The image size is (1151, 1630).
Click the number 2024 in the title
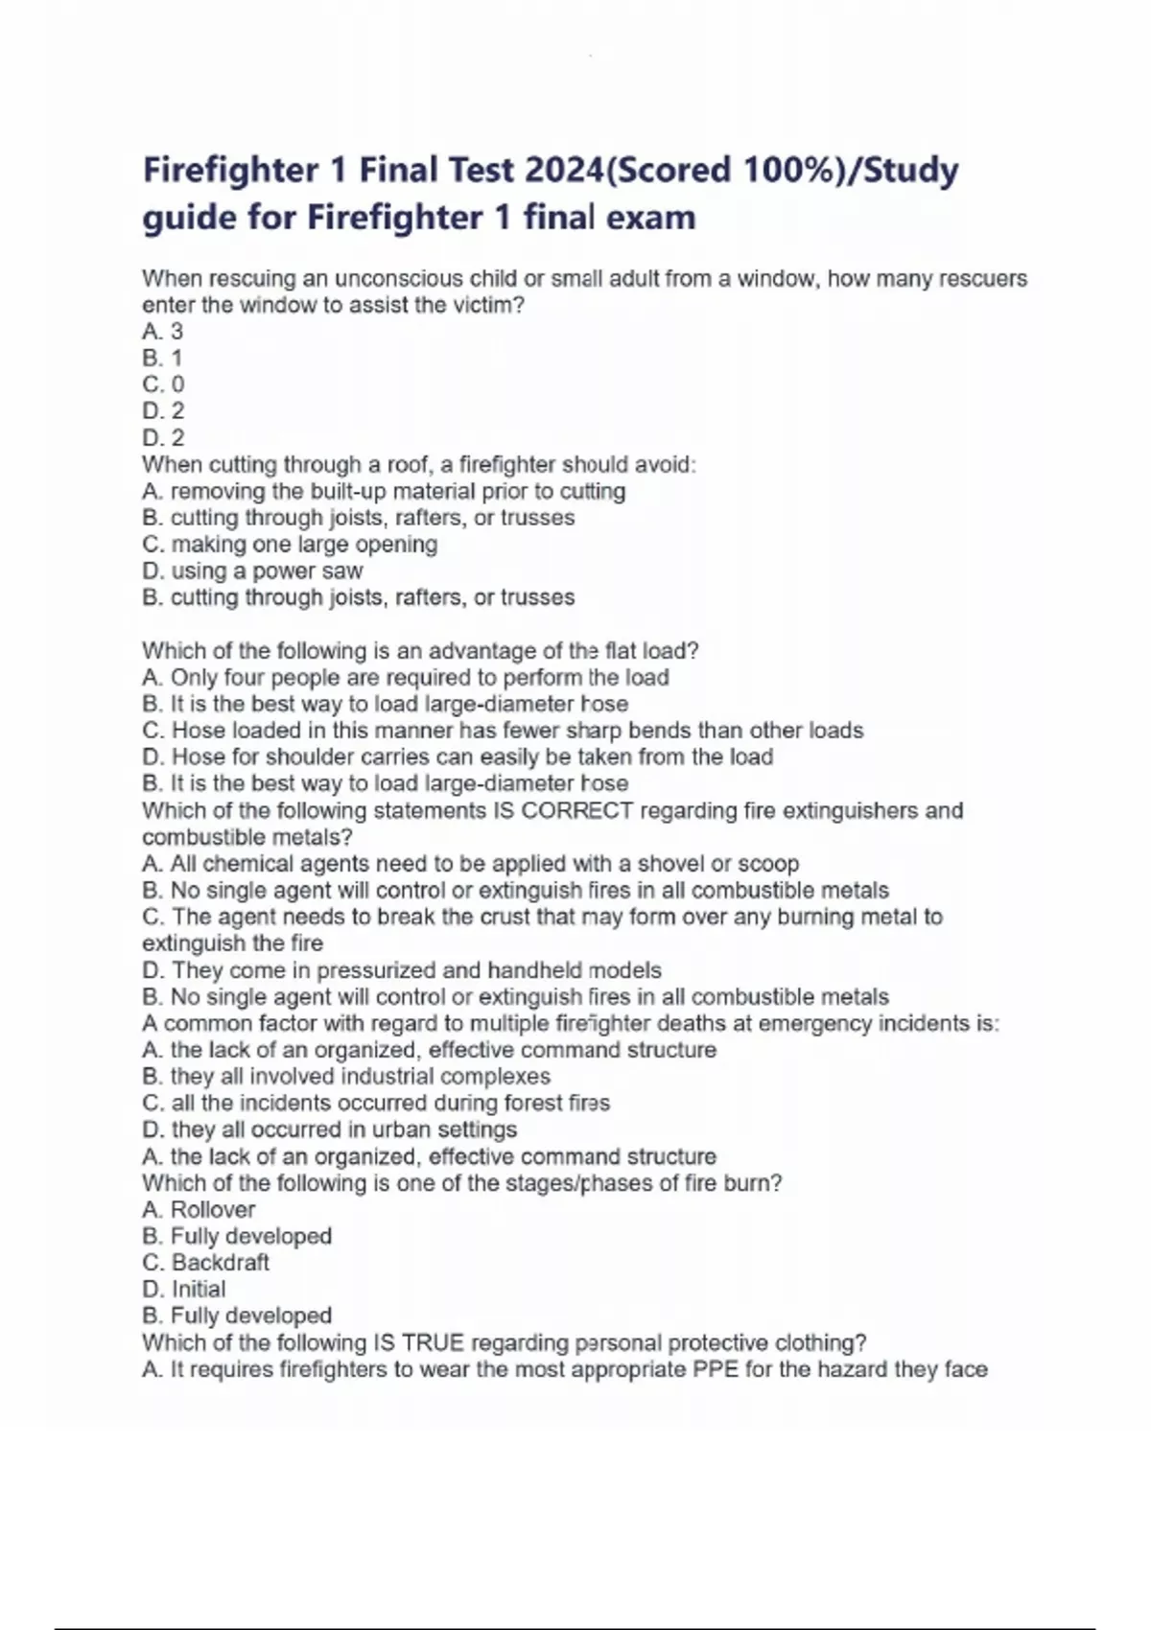(565, 171)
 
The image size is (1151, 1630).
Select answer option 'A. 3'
(162, 332)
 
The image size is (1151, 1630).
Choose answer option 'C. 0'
(163, 384)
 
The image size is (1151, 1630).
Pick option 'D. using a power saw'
(252, 571)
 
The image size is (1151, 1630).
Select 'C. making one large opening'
(290, 545)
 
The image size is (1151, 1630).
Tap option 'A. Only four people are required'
(405, 678)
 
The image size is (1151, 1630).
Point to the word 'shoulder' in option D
(271, 757)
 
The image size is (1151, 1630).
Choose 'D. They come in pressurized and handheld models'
(401, 970)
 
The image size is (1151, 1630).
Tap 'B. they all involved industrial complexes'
(346, 1077)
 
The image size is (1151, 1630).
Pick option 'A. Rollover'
(199, 1210)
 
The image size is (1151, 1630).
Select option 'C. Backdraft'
(205, 1263)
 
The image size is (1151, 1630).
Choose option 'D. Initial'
(184, 1290)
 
